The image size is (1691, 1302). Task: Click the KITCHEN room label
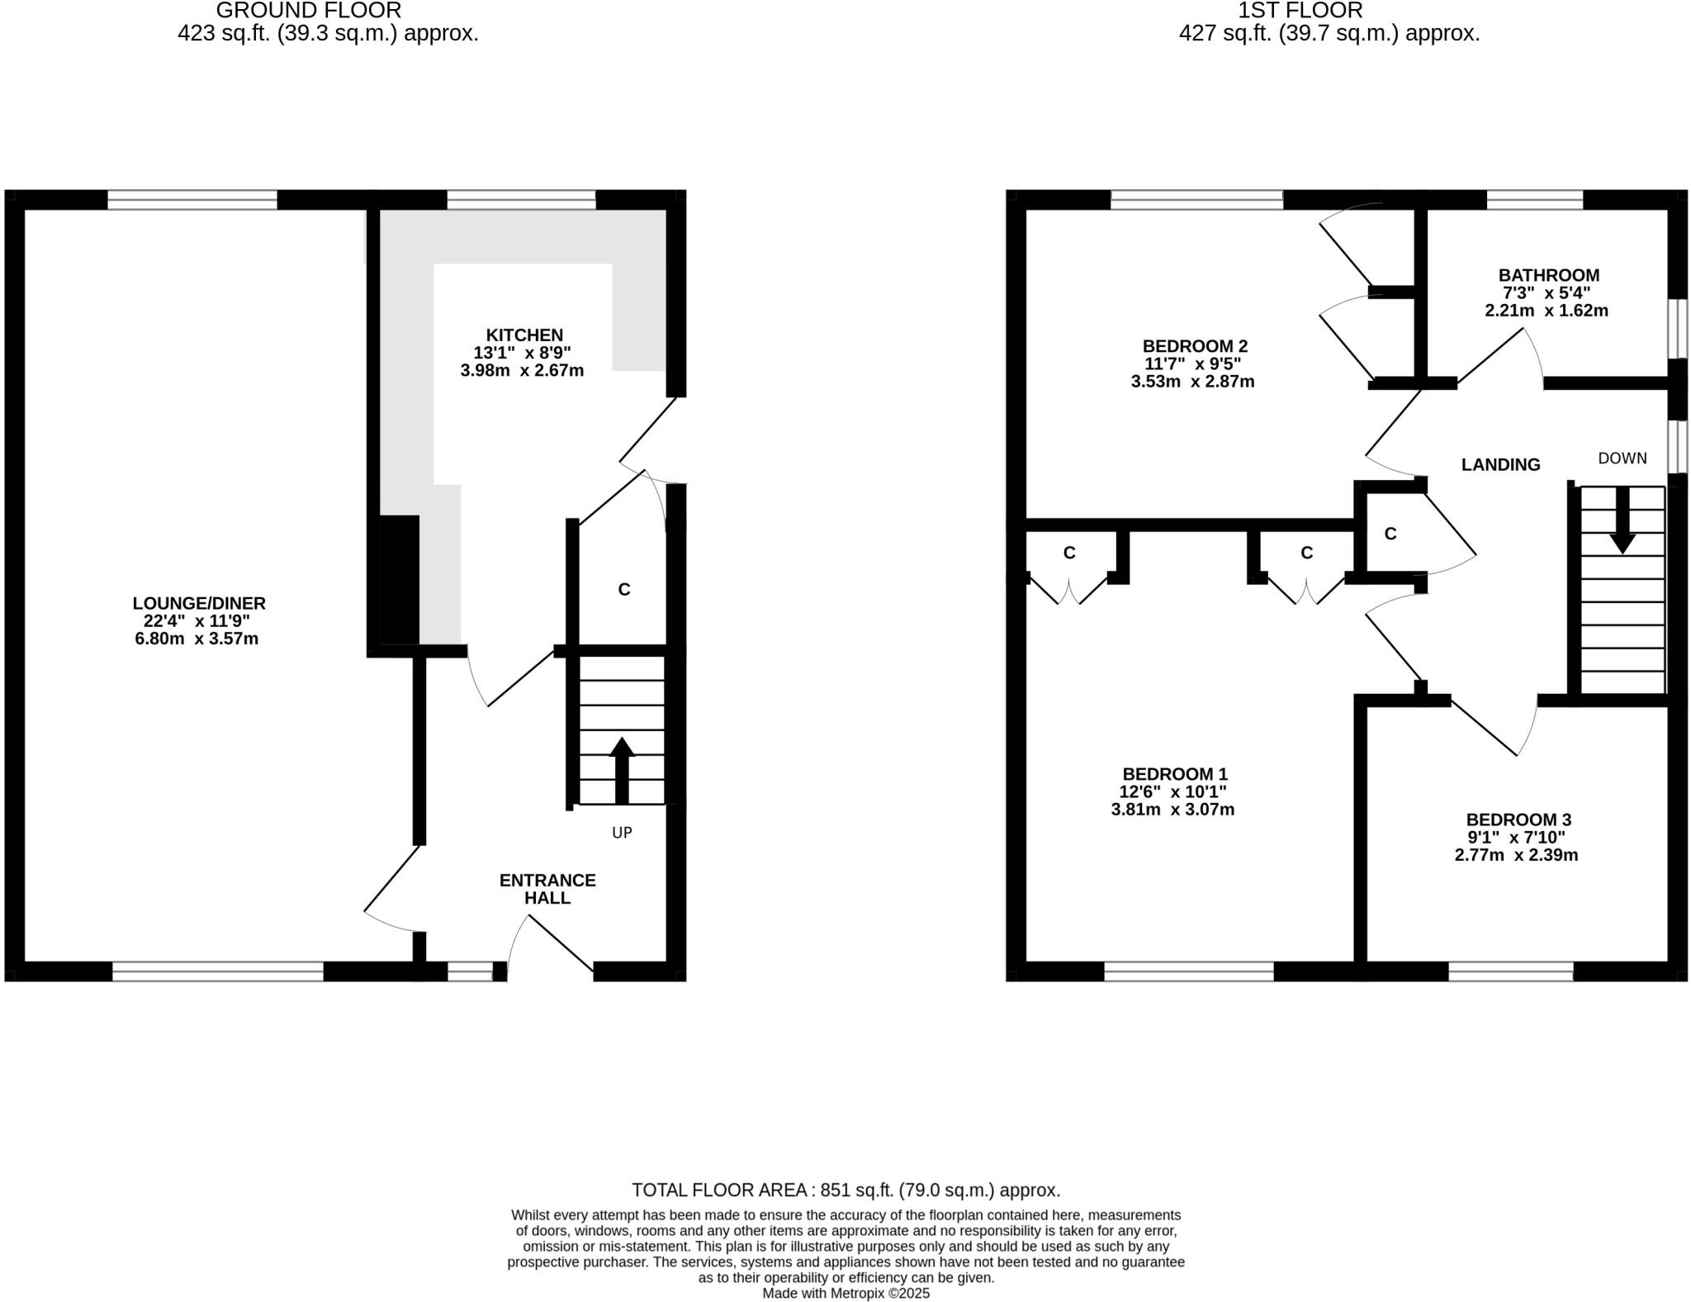(524, 335)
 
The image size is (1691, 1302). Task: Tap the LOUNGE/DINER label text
(199, 604)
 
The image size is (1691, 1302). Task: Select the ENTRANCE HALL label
(547, 889)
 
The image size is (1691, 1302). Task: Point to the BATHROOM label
(1548, 276)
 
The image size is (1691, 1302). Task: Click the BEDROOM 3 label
(1518, 820)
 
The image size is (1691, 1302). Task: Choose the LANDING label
(1500, 465)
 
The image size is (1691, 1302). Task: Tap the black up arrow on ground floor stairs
(622, 768)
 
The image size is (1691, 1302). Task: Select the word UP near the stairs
(622, 833)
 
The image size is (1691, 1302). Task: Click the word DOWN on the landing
(1622, 459)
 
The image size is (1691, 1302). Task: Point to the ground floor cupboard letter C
(624, 589)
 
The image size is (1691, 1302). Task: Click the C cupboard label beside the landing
(1390, 534)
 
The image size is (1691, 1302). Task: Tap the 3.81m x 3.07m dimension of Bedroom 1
(1172, 810)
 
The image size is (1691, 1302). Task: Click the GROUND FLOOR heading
(308, 11)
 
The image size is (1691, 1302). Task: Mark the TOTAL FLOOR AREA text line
(845, 1190)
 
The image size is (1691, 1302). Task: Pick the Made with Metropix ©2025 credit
(845, 1293)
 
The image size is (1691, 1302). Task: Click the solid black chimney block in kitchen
(399, 578)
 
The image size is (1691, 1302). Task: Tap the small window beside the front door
(469, 972)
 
